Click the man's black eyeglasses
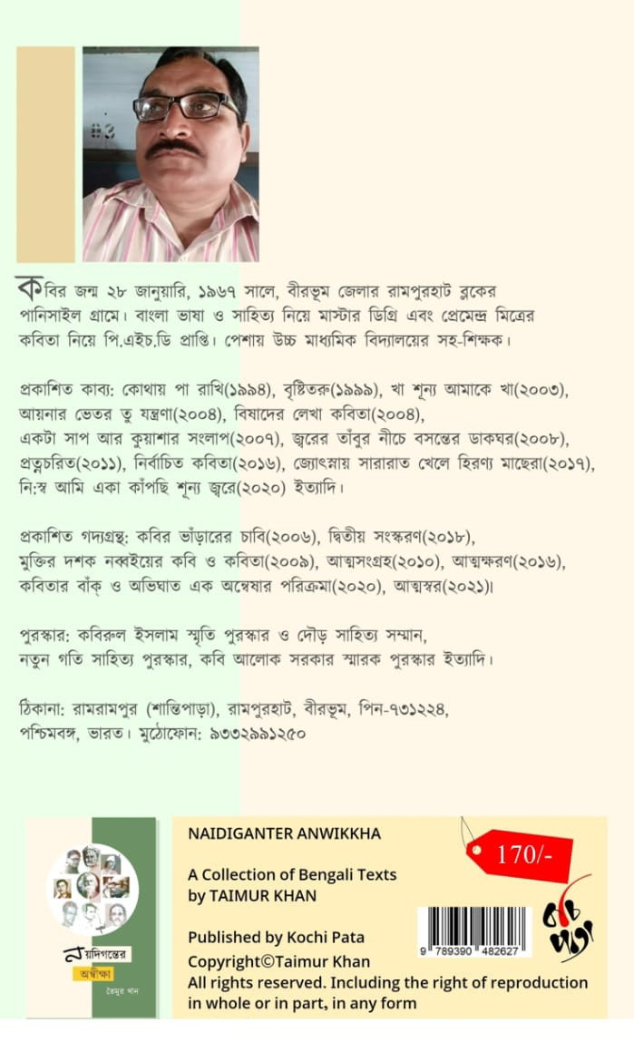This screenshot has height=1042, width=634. click(x=186, y=106)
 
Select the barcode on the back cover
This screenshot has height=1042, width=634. click(x=473, y=925)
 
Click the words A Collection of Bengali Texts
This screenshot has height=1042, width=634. click(x=292, y=874)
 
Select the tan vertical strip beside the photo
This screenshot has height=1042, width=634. click(x=46, y=153)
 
